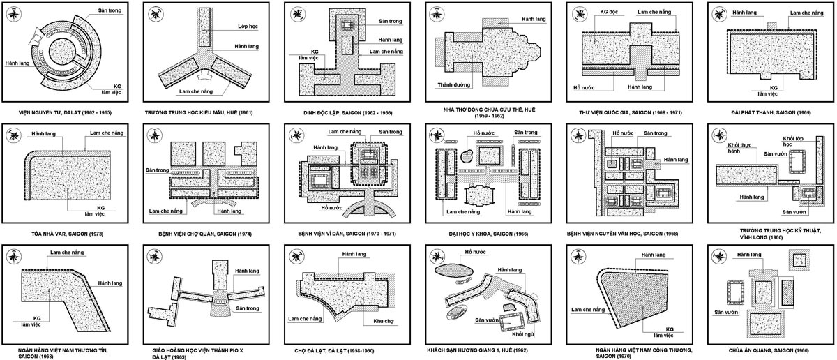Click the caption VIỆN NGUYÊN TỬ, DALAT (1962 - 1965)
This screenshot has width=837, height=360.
[65, 112]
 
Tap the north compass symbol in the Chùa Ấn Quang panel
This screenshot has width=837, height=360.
[719, 257]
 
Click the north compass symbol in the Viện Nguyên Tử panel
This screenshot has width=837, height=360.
[14, 14]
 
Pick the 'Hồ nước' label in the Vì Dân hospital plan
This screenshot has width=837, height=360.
[332, 207]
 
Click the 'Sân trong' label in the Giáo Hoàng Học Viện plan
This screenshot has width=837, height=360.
[248, 308]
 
